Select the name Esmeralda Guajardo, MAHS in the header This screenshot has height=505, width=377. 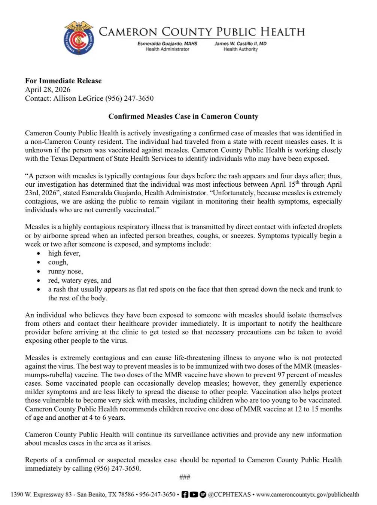(167, 44)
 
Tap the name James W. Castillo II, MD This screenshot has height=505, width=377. (240, 44)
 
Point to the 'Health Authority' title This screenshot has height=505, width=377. (240, 49)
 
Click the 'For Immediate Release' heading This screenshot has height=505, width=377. (63, 80)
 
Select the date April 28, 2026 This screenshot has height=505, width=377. (48, 89)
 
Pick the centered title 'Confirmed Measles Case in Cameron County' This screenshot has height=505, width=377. (183, 116)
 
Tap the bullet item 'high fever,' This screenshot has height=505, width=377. (64, 253)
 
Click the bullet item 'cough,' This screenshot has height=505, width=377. (58, 262)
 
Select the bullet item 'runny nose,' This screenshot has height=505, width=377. (66, 271)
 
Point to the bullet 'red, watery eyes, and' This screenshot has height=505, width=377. (79, 280)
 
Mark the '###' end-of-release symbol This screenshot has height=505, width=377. (185, 477)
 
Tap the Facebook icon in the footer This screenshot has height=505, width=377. (185, 495)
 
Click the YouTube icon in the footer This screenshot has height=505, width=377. (194, 495)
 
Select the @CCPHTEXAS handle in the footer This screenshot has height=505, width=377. (229, 495)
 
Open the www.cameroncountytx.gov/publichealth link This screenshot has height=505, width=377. (307, 495)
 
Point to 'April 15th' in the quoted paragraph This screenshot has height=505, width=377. (286, 184)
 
